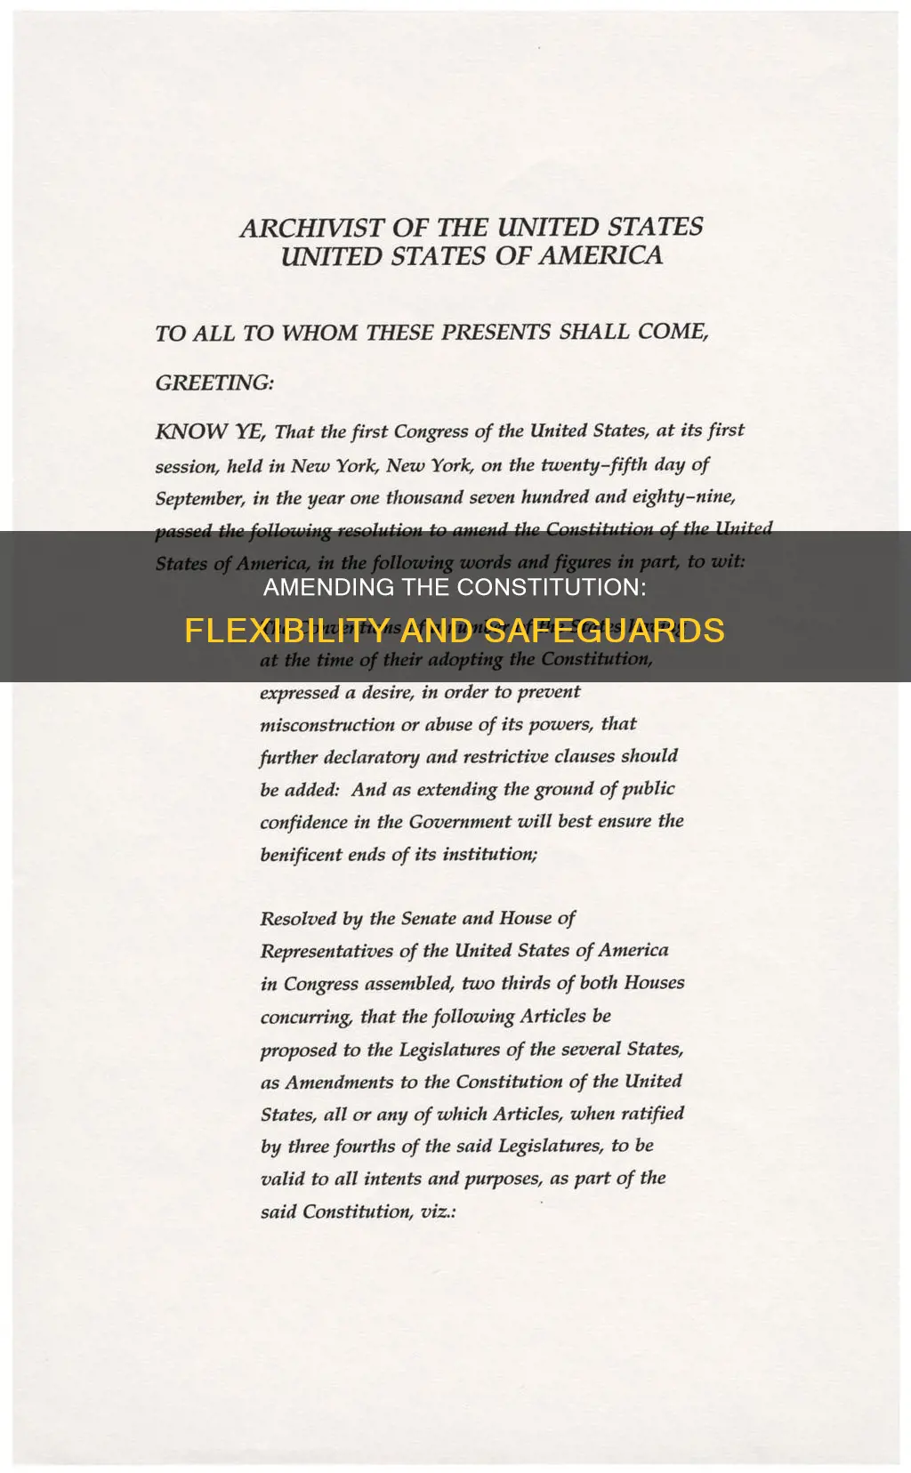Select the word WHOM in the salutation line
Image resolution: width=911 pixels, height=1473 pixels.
(x=318, y=334)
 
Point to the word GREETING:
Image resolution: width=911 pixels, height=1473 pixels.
(x=214, y=383)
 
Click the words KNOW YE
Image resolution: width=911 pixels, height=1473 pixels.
(x=209, y=432)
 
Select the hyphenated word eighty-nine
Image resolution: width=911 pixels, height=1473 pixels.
(x=683, y=496)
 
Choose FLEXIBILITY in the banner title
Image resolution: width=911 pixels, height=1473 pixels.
(x=286, y=631)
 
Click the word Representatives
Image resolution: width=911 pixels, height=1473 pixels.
(x=327, y=952)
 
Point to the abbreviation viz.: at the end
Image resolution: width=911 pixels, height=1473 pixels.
(x=438, y=1212)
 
